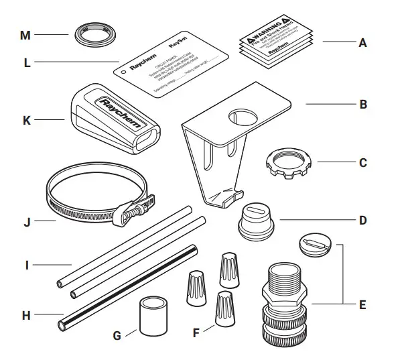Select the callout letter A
(x=362, y=42)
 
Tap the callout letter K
(x=27, y=121)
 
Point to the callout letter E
(x=362, y=305)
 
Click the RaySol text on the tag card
(x=178, y=60)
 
